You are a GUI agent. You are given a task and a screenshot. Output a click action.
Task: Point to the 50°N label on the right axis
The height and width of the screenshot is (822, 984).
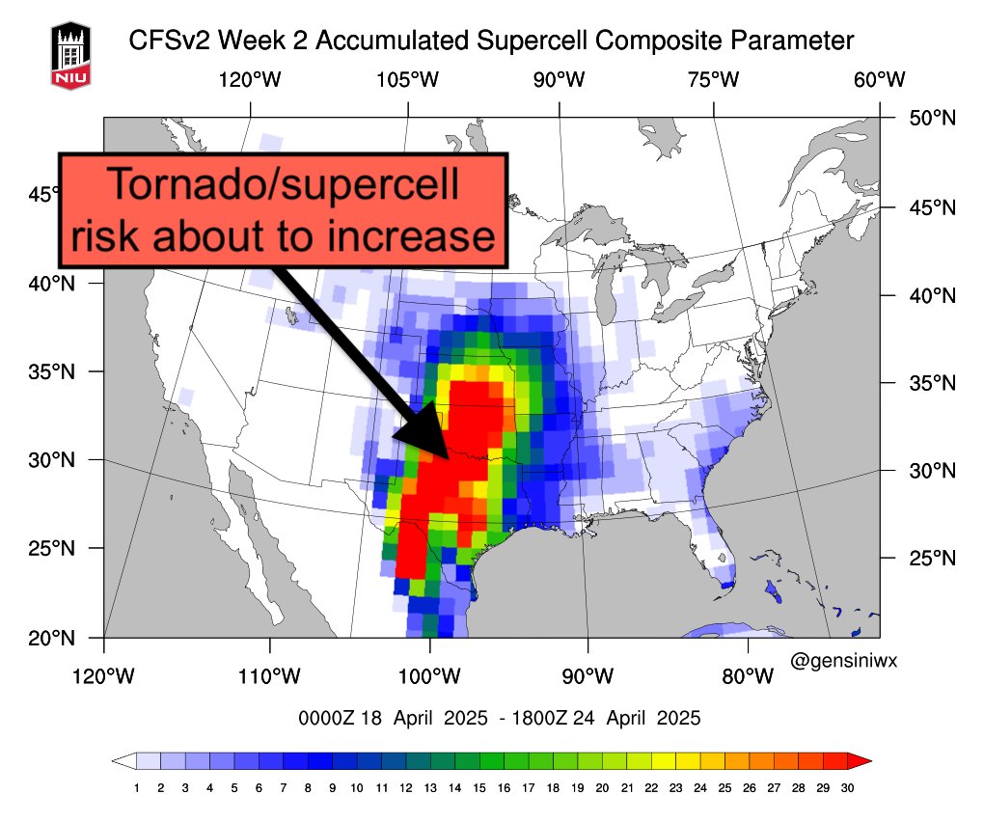932,118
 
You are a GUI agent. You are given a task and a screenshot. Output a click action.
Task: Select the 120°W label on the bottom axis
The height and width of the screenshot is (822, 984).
104,675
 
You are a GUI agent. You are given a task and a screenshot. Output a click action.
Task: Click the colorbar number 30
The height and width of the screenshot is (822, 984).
847,788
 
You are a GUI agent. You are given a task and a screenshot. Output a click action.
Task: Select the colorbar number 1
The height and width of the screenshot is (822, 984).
137,788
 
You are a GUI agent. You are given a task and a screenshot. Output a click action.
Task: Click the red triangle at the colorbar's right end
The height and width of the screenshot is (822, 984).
860,761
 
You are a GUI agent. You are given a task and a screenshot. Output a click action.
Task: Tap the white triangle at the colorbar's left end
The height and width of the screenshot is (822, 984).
123,761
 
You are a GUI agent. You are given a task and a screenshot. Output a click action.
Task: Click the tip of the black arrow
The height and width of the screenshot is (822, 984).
446,456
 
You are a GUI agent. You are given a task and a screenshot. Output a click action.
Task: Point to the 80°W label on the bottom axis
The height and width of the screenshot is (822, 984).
746,675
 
